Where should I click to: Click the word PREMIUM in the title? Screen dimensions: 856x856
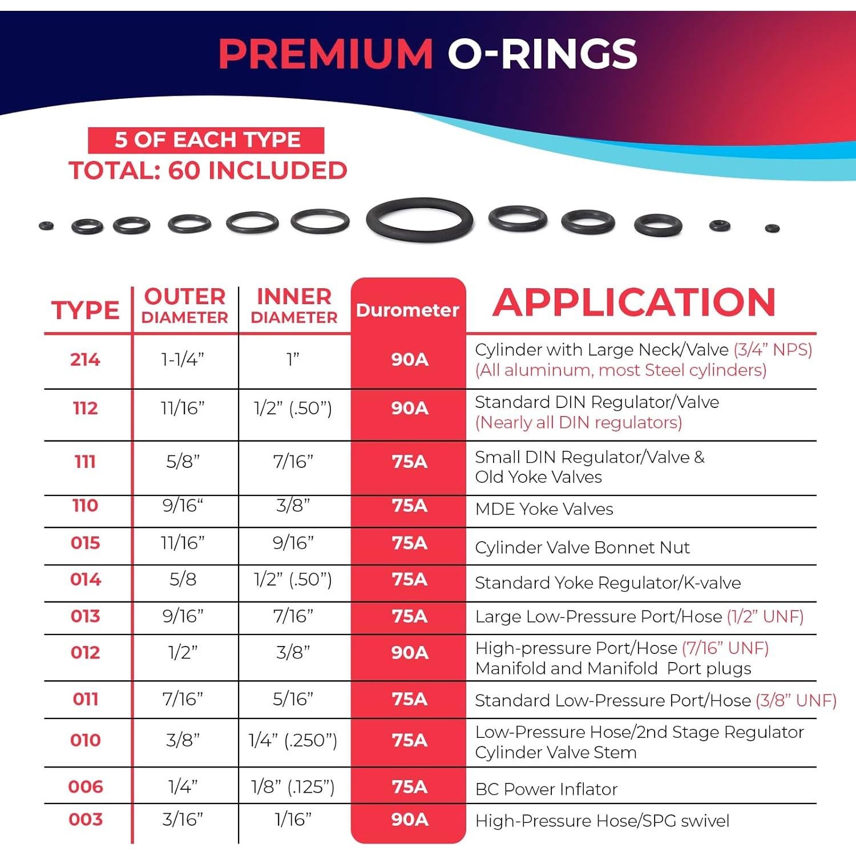point(326,54)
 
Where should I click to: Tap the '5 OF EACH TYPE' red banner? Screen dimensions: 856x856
point(207,140)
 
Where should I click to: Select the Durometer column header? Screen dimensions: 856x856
point(407,310)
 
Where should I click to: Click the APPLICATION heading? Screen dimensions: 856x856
point(634,302)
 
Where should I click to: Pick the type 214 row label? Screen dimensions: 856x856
point(85,360)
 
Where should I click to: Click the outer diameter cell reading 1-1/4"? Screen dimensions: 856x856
point(183,360)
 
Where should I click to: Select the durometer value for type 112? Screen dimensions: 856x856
point(409,408)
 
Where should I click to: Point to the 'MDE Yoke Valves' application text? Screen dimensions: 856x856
point(544,509)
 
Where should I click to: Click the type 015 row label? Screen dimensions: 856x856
point(85,543)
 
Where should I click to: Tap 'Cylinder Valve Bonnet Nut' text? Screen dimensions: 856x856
point(582,548)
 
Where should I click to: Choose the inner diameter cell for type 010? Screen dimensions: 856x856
point(293,740)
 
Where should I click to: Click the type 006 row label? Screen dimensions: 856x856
point(86,787)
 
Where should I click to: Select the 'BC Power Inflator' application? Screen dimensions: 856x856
point(546,789)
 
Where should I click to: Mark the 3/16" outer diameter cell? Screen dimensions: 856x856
point(183,819)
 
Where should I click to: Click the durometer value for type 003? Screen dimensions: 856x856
point(409,819)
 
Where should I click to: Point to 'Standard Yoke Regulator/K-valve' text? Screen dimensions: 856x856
point(608,583)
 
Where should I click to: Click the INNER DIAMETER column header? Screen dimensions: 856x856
point(294,306)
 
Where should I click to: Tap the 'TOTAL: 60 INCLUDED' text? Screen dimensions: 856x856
point(208,171)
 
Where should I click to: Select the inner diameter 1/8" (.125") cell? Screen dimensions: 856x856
point(293,787)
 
